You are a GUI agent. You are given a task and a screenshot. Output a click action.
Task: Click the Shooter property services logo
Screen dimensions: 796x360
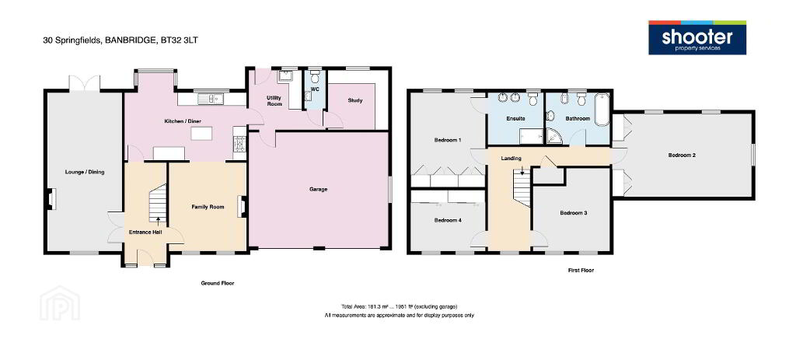point(697,37)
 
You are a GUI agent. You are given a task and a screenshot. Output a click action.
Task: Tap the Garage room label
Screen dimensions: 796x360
point(318,190)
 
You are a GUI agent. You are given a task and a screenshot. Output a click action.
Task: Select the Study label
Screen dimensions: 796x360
point(355,100)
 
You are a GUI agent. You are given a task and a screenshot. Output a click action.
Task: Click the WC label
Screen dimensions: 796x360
point(315,89)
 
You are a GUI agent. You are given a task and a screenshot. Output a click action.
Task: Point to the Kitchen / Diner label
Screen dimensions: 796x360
point(183,121)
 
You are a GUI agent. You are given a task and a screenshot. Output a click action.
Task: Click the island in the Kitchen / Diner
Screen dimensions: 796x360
point(201,134)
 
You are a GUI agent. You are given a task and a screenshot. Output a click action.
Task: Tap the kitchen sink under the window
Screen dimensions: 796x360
point(212,99)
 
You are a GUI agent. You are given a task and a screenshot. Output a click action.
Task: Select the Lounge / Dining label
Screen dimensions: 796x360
point(85,172)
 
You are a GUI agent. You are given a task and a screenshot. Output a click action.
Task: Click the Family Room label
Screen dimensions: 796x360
point(208,207)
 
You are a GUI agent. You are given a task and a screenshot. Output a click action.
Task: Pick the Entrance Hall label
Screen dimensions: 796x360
point(145,232)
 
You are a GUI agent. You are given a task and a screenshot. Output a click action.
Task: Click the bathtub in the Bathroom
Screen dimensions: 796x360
point(601,109)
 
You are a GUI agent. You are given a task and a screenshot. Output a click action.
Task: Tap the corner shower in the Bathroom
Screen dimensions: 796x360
point(553,135)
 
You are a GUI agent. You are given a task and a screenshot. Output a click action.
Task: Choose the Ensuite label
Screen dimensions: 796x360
point(515,118)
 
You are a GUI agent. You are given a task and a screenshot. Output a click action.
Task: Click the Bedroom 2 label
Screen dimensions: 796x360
point(682,156)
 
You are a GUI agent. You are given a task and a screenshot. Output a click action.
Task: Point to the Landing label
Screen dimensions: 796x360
point(511,159)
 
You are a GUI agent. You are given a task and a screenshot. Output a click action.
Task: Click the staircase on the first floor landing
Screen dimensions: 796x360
point(522,187)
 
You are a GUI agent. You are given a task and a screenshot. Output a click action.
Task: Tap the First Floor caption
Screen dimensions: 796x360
point(581,271)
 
